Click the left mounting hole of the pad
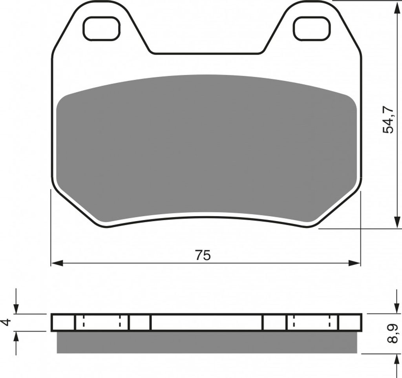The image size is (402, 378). pos(102,28)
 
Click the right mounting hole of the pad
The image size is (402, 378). pos(312,28)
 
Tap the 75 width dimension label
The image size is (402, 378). pos(203,255)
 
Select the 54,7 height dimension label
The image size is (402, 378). pos(387,119)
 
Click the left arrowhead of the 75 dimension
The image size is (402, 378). pos(57,263)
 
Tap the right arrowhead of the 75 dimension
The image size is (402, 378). pos(354,263)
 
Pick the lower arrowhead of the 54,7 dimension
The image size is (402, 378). pos(397,222)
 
